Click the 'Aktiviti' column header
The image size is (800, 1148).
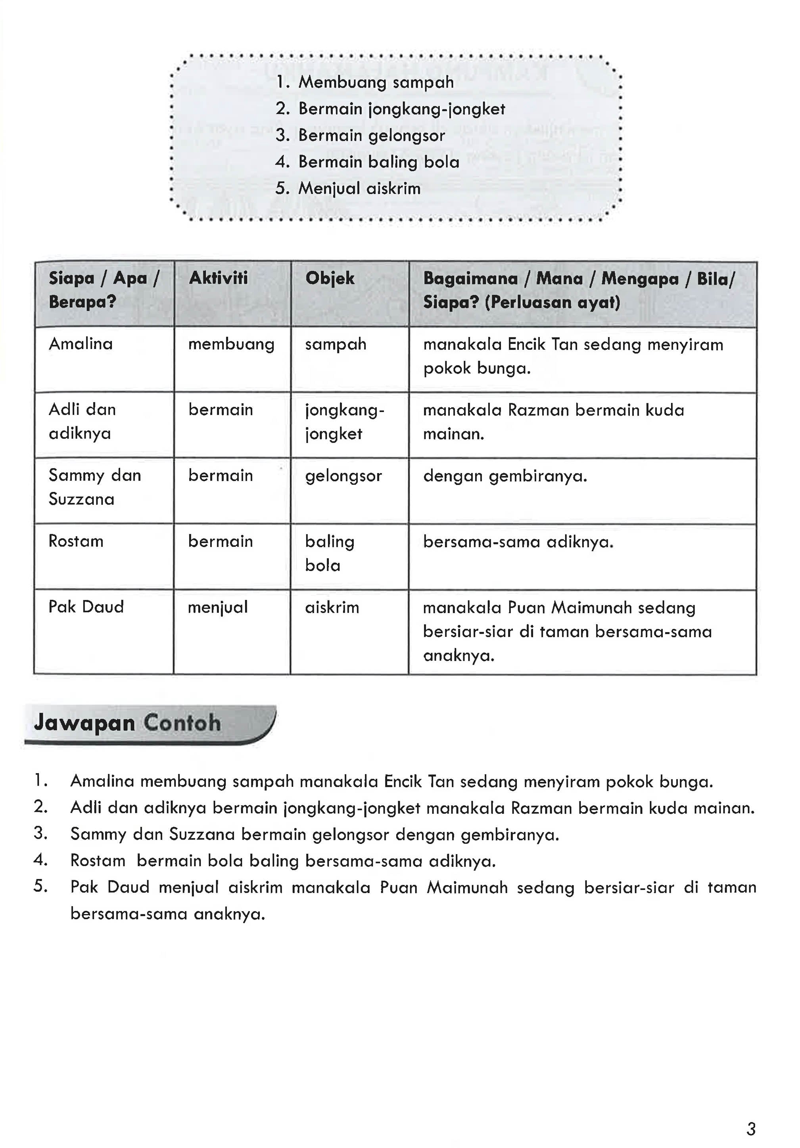pos(218,278)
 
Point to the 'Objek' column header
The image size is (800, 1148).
pos(330,278)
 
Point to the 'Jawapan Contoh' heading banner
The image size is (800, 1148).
pos(149,724)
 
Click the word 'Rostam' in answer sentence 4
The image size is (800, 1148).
pos(98,861)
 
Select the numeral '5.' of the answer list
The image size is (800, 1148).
pos(40,887)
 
